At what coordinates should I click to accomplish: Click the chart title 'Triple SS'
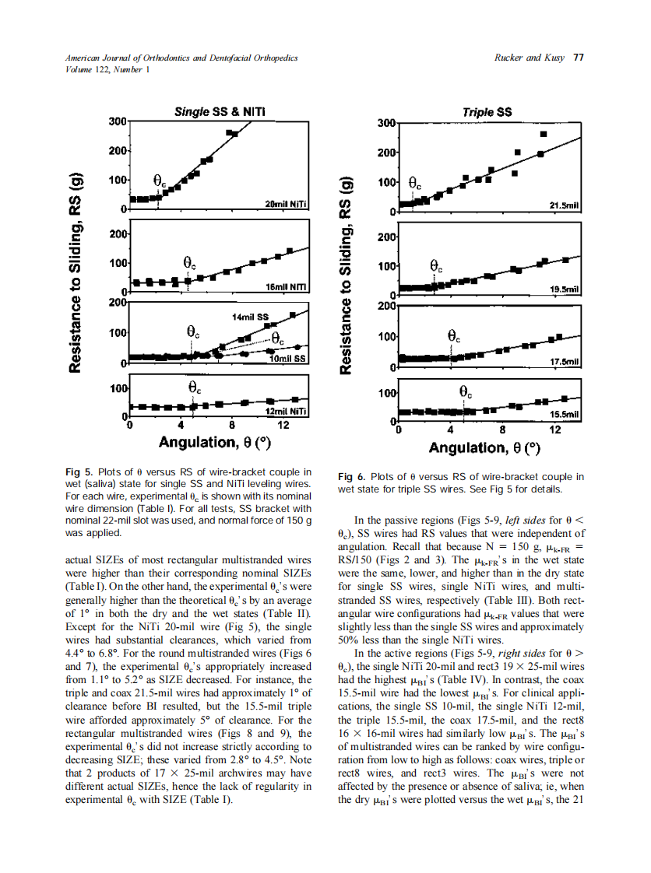[487, 112]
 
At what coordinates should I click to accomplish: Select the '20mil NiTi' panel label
[286, 204]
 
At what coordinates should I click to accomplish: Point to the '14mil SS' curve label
[250, 317]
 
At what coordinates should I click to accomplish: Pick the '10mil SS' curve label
[287, 359]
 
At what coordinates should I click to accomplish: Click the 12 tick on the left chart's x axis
[283, 426]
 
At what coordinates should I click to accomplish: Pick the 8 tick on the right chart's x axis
[502, 429]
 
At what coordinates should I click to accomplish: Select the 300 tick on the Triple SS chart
[385, 124]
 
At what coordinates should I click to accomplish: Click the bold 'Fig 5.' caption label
[79, 472]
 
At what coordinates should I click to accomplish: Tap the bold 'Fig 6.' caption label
[351, 477]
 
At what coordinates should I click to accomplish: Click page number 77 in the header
[579, 58]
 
